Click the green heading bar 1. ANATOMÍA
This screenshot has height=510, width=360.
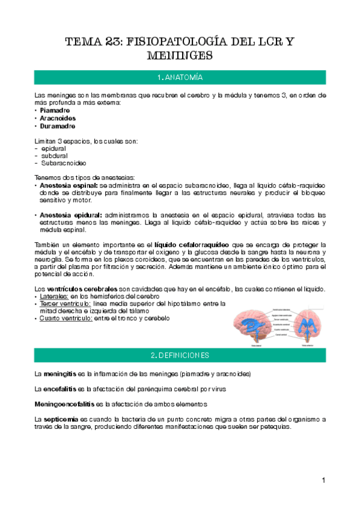[180, 78]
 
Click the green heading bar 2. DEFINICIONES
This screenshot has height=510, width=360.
[180, 355]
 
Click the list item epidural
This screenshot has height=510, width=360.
[53, 149]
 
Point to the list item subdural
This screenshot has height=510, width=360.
[53, 156]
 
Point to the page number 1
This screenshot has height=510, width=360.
[323, 480]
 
